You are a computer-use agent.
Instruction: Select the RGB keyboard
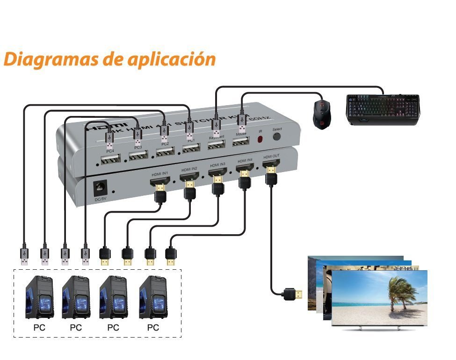pos(382,110)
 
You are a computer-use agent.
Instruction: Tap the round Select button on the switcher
pos(277,137)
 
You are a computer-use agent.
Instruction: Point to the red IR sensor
pos(261,139)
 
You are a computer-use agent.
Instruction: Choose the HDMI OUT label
pos(271,157)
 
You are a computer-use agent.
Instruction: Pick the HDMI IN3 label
pos(217,165)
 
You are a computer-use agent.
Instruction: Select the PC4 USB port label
pos(110,151)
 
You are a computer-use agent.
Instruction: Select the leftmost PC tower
pos(39,298)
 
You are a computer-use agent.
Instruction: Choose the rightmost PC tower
pos(153,298)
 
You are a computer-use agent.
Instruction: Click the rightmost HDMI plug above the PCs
pos(171,256)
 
